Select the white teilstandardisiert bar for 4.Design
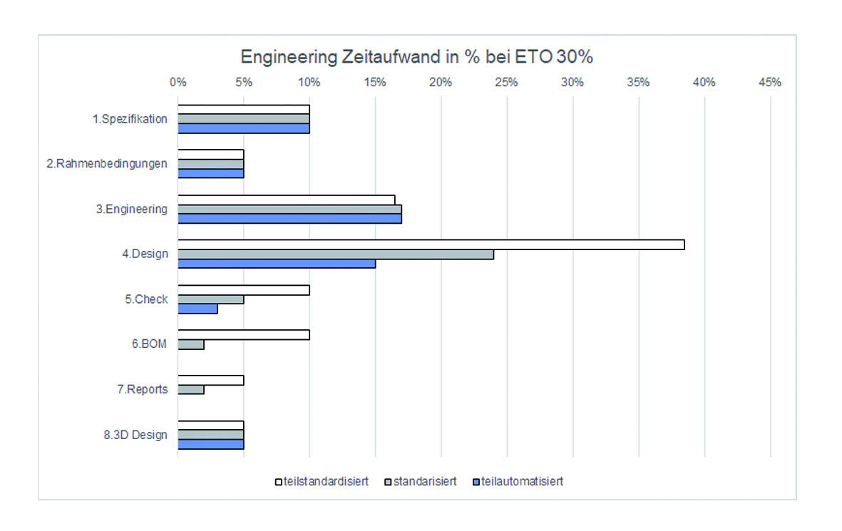431,244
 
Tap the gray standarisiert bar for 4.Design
335,254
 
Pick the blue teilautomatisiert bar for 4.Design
277,264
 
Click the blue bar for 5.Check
197,309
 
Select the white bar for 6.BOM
243,335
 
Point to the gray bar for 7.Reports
191,389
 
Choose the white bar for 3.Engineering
286,200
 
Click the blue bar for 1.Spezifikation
243,128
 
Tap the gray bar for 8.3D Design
210,434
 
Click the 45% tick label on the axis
770,82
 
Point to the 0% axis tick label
178,82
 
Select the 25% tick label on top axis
506,82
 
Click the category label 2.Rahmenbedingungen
107,164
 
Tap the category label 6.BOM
149,344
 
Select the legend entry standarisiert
423,481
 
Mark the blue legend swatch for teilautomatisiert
476,482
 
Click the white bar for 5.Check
243,290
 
